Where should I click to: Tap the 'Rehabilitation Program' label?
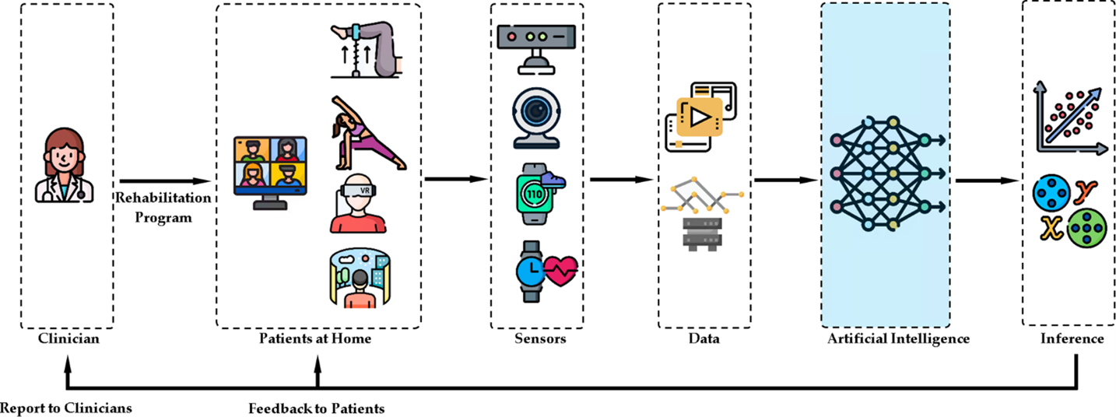click(163, 208)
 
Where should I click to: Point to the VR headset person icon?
click(358, 204)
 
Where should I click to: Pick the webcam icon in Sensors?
click(534, 117)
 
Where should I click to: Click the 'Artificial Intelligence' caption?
click(886, 339)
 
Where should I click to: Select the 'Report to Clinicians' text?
click(66, 408)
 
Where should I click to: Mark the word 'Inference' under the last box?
click(1072, 339)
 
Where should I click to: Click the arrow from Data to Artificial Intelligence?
click(787, 180)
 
